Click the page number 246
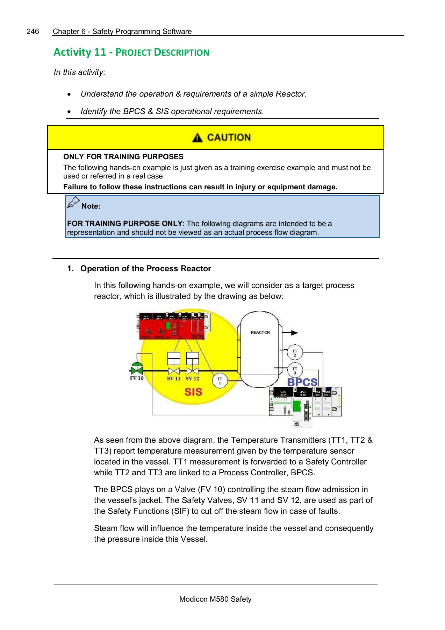33,31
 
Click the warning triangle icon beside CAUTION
197,138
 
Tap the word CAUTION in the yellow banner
229,138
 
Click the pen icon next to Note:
73,203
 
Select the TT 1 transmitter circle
220,381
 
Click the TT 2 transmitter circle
295,353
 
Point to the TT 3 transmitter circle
295,371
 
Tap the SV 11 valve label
173,378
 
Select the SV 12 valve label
192,378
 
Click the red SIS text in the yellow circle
193,392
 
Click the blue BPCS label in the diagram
302,382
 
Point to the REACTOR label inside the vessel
260,332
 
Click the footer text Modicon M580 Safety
215,599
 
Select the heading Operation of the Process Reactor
145,268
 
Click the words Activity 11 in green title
80,52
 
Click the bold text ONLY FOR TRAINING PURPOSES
123,157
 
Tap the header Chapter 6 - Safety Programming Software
122,31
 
